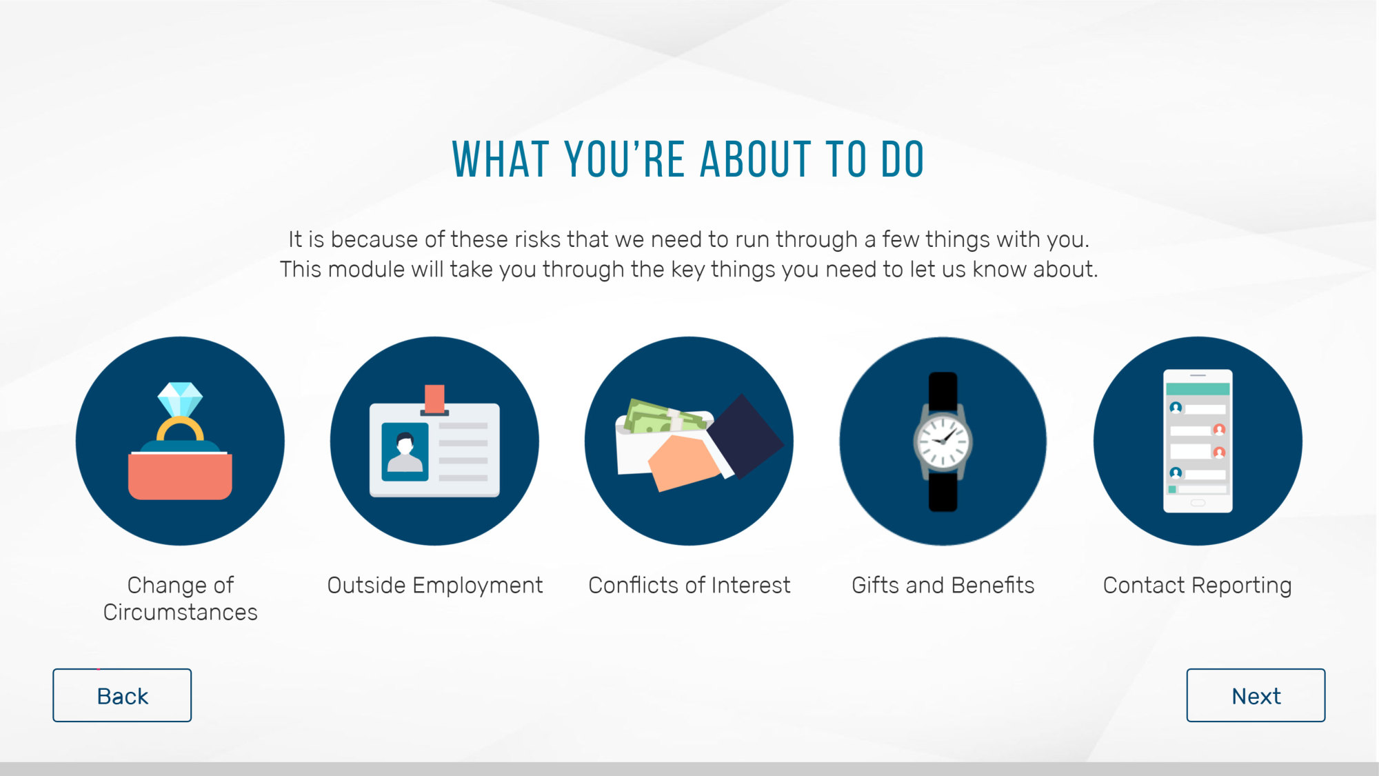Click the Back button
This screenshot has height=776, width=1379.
pyautogui.click(x=122, y=695)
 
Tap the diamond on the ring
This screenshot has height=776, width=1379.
pyautogui.click(x=180, y=399)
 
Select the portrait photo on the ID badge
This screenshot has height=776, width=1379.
pyautogui.click(x=405, y=452)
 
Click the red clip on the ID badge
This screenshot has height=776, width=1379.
pyautogui.click(x=434, y=399)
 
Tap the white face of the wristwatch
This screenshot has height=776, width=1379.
pyautogui.click(x=943, y=441)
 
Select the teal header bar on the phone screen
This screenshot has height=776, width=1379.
pyautogui.click(x=1198, y=389)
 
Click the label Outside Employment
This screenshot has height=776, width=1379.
pyautogui.click(x=434, y=585)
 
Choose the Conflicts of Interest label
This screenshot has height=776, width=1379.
pyautogui.click(x=689, y=585)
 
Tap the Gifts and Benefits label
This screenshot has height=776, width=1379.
pyautogui.click(x=943, y=585)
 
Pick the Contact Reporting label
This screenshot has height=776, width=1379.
pyautogui.click(x=1197, y=585)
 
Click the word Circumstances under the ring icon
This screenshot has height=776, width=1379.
pyautogui.click(x=180, y=612)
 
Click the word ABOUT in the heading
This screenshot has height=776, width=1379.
pyautogui.click(x=754, y=159)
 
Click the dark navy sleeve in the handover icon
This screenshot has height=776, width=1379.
pyautogui.click(x=745, y=435)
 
